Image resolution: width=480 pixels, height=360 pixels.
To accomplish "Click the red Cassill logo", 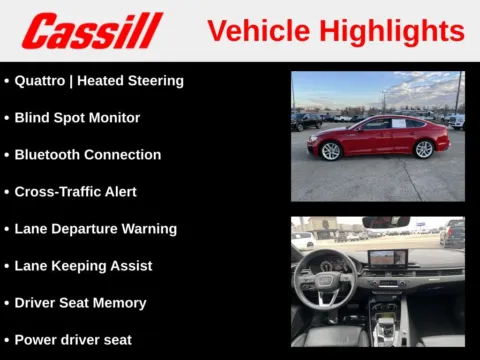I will tap(91, 31).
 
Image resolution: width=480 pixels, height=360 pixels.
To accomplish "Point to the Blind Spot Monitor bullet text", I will tap(77, 117).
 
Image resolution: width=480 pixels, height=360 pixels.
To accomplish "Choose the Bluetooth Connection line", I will tap(87, 154).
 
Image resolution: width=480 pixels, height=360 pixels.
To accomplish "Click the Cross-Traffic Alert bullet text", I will tap(75, 191).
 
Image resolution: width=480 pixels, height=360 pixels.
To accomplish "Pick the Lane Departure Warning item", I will tap(95, 228).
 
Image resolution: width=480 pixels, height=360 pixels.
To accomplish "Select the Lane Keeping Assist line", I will tap(83, 265).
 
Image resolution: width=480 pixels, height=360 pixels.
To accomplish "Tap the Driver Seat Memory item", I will tap(80, 302).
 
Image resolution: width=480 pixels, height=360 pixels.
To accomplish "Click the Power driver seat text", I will tap(73, 339).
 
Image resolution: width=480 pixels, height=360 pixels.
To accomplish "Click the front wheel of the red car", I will tap(330, 150).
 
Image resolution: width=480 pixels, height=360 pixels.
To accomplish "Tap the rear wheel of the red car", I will tap(424, 149).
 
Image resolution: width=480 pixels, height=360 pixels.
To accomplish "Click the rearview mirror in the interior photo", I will tap(384, 222).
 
